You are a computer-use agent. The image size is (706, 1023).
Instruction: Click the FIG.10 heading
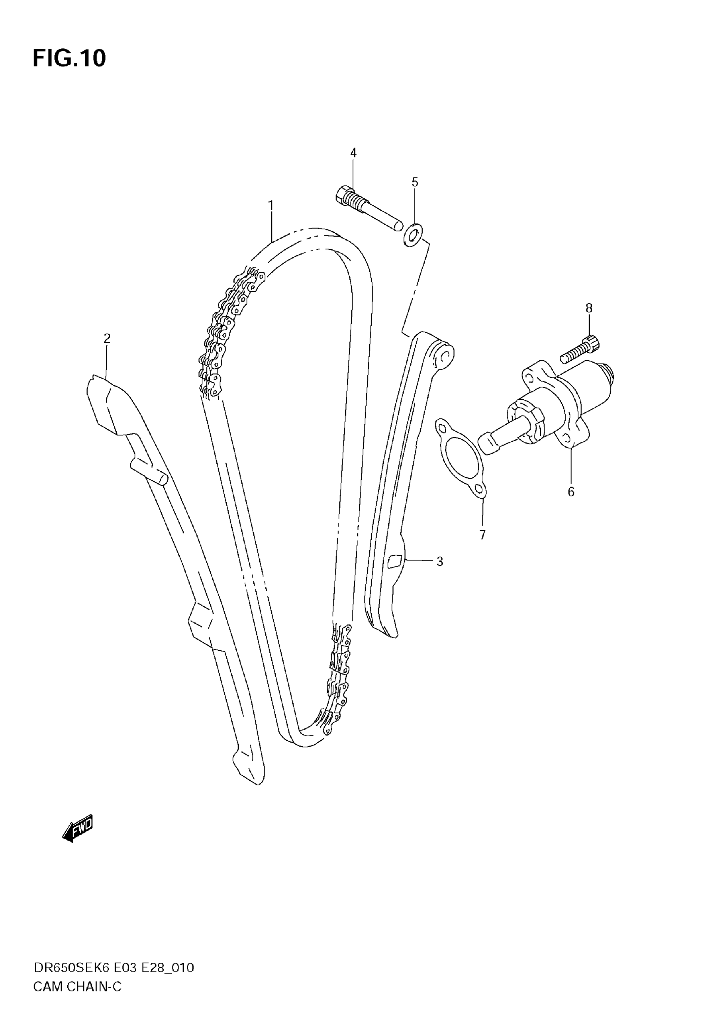tap(69, 59)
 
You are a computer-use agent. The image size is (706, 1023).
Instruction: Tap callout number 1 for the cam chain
tap(271, 206)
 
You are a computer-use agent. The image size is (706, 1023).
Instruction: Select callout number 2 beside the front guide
tap(107, 339)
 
